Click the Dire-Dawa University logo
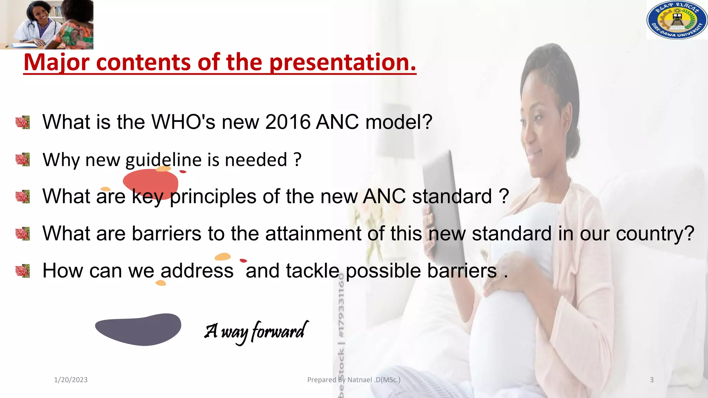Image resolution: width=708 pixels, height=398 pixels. click(x=677, y=20)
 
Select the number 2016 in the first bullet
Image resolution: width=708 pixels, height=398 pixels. click(x=288, y=122)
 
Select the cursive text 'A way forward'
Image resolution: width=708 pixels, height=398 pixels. click(x=256, y=331)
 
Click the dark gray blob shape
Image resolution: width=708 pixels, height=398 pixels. click(x=138, y=330)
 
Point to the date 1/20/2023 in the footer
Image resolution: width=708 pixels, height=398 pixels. click(x=71, y=380)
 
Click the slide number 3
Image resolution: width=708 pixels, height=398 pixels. click(x=652, y=380)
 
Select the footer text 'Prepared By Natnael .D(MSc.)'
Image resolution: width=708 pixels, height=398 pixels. click(x=354, y=380)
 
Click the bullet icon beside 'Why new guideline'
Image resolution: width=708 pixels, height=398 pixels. click(x=23, y=160)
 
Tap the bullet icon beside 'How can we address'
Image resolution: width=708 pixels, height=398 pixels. click(x=23, y=271)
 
